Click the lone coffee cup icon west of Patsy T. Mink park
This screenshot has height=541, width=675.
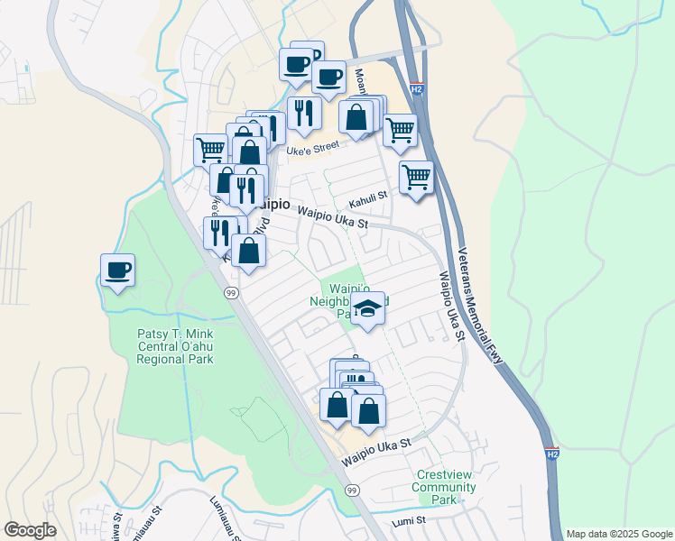click(117, 269)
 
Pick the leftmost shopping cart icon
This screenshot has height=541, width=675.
click(210, 149)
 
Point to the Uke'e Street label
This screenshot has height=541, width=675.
click(312, 146)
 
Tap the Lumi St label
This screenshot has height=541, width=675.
click(408, 521)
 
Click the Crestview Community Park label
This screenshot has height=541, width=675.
click(443, 487)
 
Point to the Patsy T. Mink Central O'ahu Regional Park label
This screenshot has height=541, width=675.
click(175, 345)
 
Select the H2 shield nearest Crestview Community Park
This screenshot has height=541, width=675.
click(552, 454)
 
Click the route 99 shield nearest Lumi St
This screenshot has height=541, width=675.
click(352, 490)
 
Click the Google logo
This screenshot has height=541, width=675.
click(31, 530)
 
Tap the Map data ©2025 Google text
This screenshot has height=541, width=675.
click(618, 534)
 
